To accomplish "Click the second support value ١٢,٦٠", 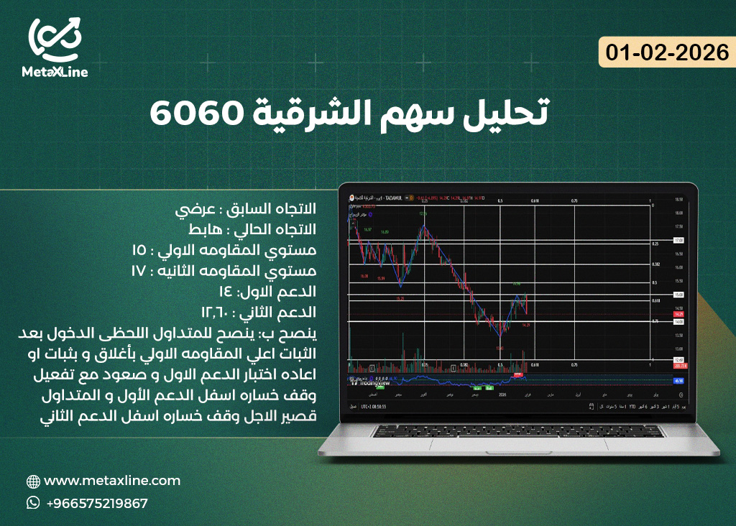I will point(214,313).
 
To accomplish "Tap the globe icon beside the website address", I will point(33,481).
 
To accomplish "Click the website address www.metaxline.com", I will point(112,481).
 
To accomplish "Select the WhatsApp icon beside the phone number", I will point(33,503).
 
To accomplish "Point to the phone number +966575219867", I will point(97,504).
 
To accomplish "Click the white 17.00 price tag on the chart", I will point(678,240).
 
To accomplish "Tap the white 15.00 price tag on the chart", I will point(678,295).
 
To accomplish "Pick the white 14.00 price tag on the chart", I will point(678,322).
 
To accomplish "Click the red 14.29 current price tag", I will point(678,315).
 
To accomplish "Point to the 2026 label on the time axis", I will point(502,394).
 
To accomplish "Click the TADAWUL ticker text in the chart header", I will point(393,197).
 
